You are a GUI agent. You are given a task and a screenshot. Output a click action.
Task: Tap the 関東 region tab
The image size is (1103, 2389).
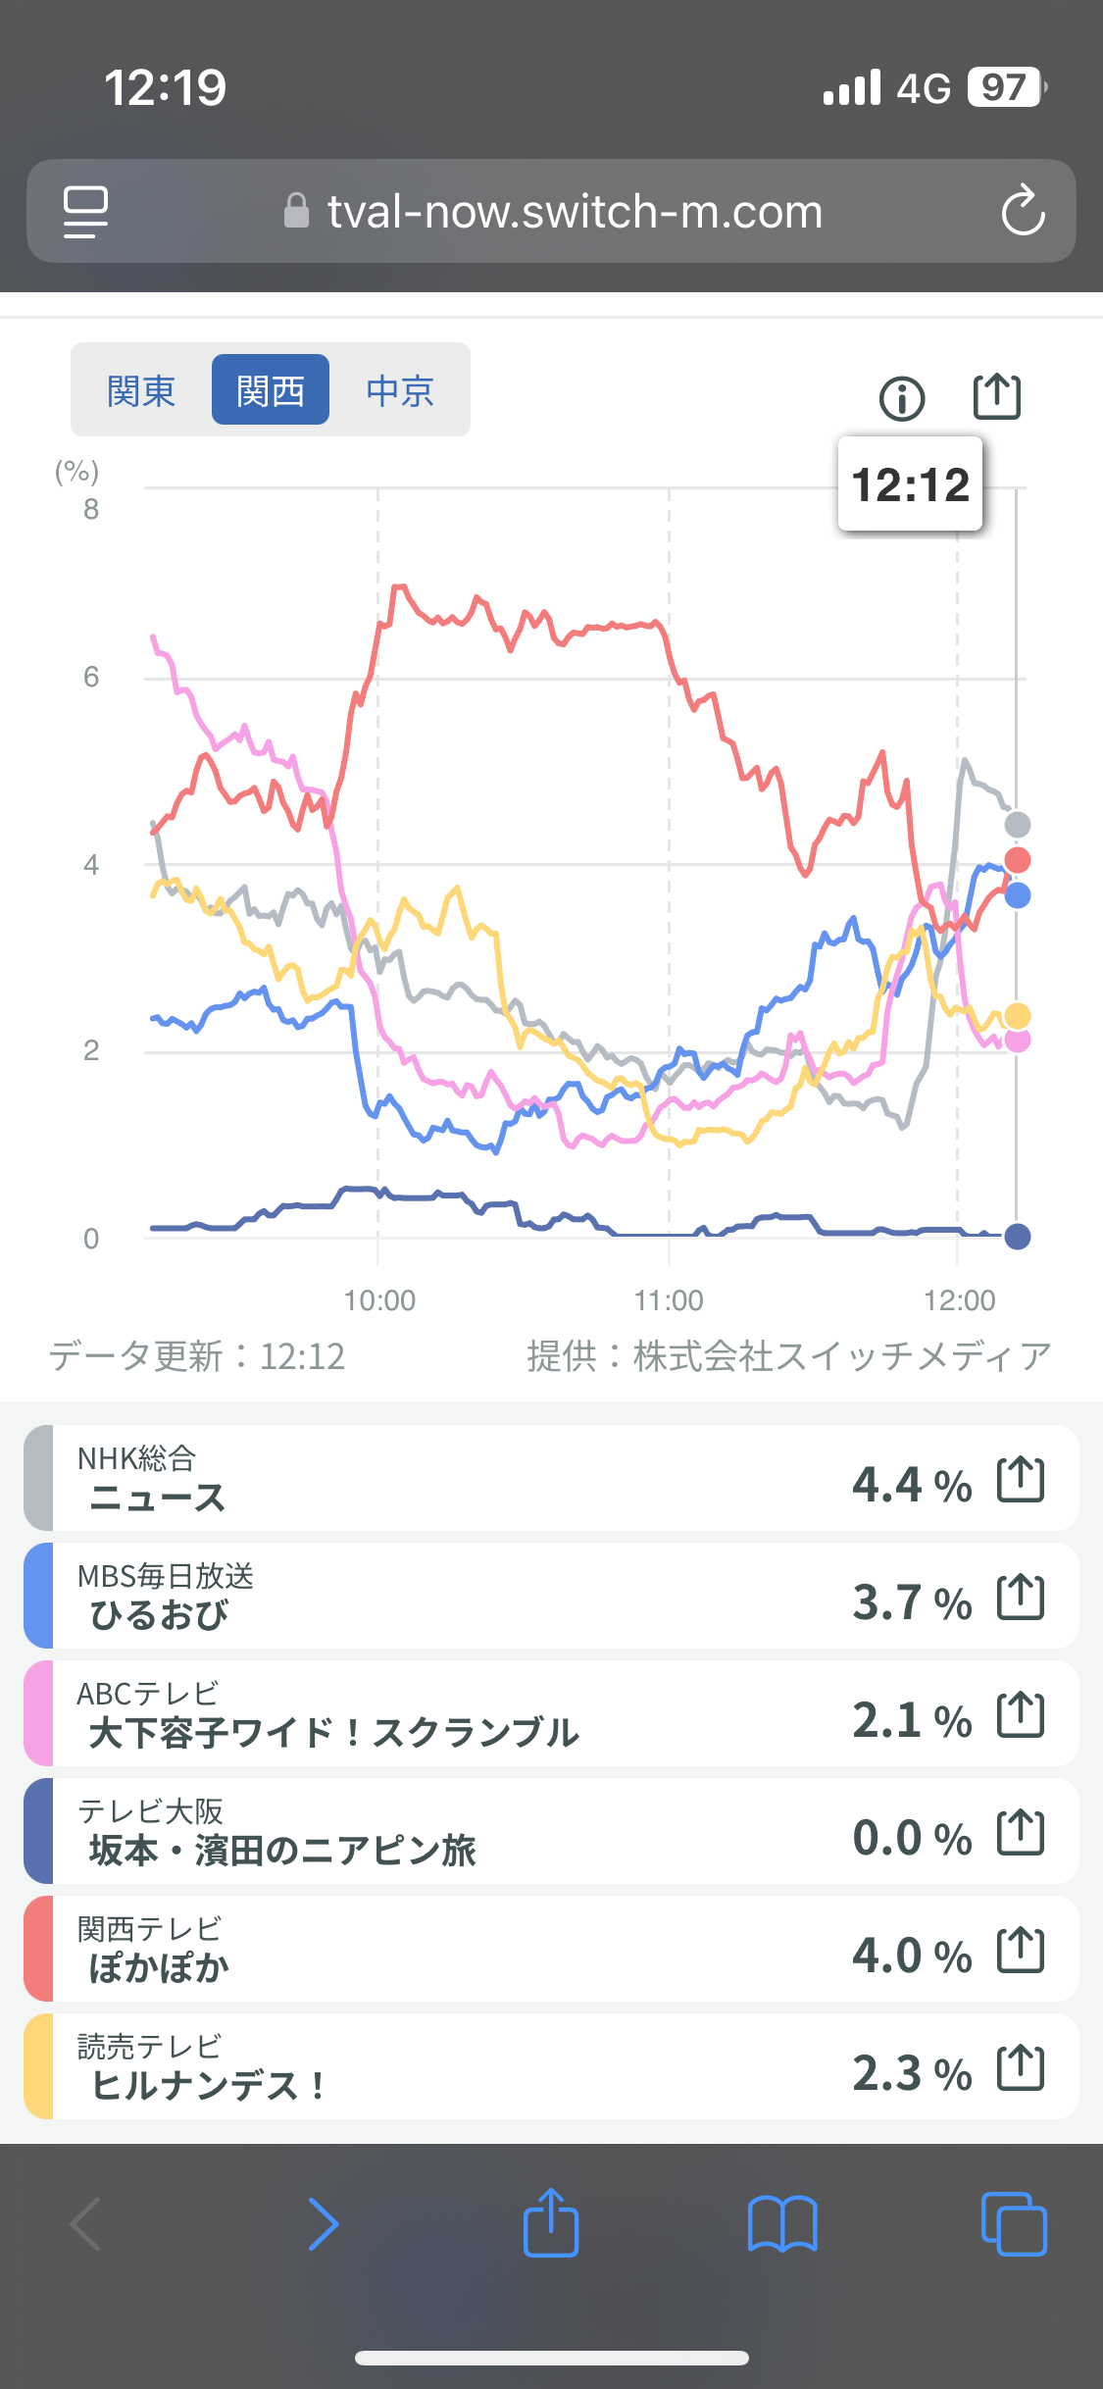tap(141, 390)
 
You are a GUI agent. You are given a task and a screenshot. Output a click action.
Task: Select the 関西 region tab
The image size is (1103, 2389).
tap(271, 390)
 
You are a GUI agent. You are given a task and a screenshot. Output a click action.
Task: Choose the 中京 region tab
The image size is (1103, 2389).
tap(400, 390)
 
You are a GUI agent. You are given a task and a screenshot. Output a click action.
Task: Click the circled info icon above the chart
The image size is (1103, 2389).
tap(902, 398)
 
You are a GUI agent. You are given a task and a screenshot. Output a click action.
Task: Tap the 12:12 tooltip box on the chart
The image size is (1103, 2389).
tap(910, 484)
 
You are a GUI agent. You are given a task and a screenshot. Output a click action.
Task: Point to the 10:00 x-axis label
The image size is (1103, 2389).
tap(379, 1300)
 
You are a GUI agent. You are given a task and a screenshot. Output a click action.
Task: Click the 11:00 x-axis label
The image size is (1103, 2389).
tap(669, 1300)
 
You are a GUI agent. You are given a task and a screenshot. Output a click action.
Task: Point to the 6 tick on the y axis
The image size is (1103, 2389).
tap(91, 677)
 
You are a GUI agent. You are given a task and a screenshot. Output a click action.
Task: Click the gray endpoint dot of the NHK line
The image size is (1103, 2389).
tap(1018, 825)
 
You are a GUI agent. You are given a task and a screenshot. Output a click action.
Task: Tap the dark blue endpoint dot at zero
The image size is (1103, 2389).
tap(1018, 1237)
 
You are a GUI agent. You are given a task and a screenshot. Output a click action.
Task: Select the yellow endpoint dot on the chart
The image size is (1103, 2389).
tap(1018, 1016)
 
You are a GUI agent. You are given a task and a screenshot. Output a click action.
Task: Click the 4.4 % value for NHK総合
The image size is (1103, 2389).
tap(912, 1485)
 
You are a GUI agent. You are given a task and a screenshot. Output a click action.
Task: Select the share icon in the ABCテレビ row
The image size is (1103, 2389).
tap(1021, 1715)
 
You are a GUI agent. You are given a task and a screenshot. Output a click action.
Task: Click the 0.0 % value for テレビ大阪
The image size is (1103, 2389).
tap(912, 1838)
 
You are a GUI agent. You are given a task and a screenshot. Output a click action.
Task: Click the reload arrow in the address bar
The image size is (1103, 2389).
tap(1023, 211)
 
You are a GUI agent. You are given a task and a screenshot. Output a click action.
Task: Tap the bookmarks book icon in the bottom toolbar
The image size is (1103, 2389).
tap(781, 2223)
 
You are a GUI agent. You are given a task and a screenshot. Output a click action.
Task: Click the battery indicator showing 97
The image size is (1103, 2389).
tap(1005, 87)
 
